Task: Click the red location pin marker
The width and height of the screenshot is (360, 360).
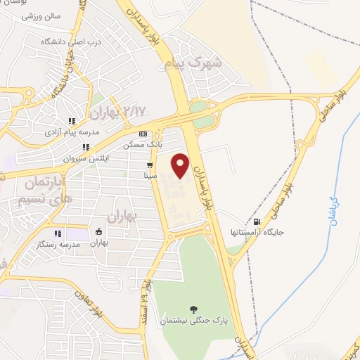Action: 181,165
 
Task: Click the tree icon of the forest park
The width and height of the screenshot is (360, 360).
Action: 193,308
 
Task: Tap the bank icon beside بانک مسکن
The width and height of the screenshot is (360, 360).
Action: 143,133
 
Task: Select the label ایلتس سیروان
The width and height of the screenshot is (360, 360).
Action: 83,159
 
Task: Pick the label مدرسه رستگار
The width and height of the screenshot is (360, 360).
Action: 59,245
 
